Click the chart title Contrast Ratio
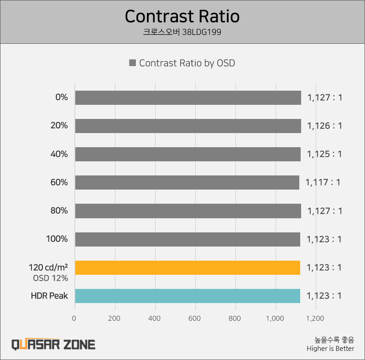(x=182, y=16)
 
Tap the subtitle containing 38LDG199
(x=182, y=33)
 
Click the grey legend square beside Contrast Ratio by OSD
(x=132, y=63)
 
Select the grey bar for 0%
(x=188, y=98)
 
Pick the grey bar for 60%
(x=187, y=182)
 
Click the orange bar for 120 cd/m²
(x=187, y=267)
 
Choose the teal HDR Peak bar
(x=187, y=296)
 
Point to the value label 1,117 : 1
(x=323, y=182)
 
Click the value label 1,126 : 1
(x=324, y=126)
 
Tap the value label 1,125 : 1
(x=324, y=154)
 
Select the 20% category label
(x=59, y=126)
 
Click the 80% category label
(x=59, y=211)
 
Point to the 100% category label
(x=57, y=239)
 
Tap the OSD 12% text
(x=50, y=278)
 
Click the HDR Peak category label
(x=49, y=296)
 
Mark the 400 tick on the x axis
(x=155, y=319)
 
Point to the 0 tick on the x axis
(x=75, y=319)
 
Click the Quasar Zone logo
(x=53, y=344)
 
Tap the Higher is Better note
(x=330, y=349)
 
